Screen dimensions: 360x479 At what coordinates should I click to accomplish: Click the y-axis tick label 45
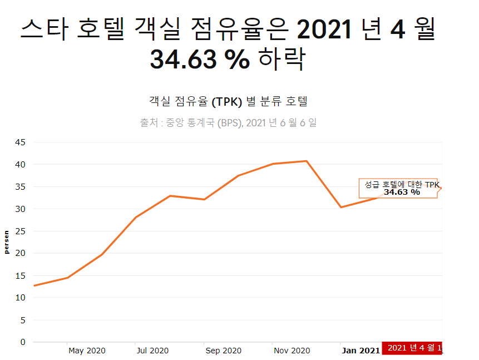[19, 142]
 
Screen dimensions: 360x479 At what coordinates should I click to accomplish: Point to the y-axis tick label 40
[19, 165]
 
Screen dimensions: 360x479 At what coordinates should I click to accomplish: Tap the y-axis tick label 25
[19, 231]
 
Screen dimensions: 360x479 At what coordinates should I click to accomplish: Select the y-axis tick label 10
[19, 298]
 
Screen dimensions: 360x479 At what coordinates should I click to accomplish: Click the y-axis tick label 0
[22, 342]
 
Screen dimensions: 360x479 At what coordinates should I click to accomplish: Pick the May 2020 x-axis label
[87, 351]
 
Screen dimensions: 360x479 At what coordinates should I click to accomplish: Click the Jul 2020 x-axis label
[152, 351]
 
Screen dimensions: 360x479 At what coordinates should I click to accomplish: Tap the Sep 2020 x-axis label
[223, 351]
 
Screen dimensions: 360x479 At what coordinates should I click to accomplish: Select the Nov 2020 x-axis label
[291, 351]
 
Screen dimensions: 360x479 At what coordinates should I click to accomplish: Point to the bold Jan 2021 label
[361, 351]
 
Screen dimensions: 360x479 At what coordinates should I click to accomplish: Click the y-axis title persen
[7, 242]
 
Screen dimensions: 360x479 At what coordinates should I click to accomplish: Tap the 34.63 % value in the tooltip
[402, 193]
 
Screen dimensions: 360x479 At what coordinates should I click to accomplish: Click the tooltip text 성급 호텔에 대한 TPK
[402, 185]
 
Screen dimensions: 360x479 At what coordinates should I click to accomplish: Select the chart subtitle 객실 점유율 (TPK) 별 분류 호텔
[228, 102]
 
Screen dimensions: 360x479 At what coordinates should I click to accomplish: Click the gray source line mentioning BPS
[228, 122]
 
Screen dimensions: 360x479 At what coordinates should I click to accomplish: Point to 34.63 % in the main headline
[200, 60]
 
